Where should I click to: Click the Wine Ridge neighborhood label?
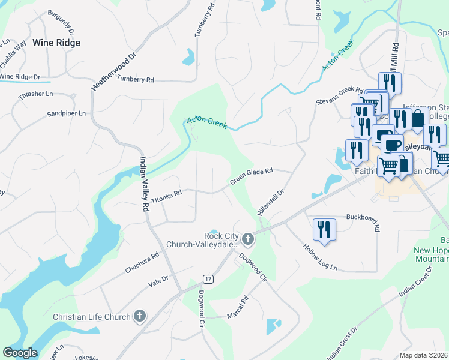(56, 43)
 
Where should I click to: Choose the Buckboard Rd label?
(364, 221)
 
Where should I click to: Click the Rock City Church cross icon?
(247, 240)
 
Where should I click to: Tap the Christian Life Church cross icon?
(139, 316)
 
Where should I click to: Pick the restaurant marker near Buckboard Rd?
(324, 230)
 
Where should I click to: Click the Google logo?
(20, 353)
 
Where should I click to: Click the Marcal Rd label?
(237, 308)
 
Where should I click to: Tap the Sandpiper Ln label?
(67, 113)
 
